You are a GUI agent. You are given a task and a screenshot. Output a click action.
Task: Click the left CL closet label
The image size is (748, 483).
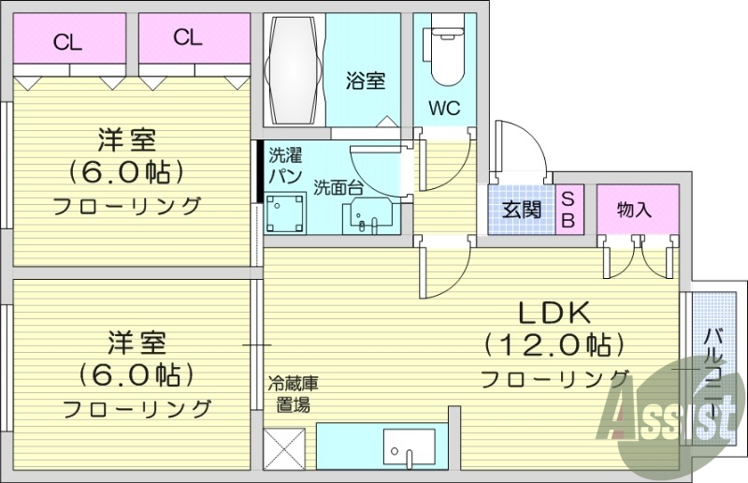(65, 40)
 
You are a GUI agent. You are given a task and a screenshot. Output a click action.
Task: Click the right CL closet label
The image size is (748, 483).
(187, 37)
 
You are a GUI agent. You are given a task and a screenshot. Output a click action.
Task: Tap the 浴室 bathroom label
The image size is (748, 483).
(366, 81)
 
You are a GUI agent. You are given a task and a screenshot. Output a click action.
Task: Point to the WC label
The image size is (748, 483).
(444, 108)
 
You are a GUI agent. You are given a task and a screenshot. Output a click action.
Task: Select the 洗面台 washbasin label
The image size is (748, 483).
(338, 186)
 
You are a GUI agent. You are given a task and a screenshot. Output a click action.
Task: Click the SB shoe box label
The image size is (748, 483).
(568, 210)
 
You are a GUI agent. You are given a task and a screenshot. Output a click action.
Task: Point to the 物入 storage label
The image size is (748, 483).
(633, 210)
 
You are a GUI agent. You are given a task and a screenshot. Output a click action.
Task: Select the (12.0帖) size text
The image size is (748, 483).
(553, 345)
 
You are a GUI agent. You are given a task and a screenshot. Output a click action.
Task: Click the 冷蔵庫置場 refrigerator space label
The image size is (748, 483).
(294, 394)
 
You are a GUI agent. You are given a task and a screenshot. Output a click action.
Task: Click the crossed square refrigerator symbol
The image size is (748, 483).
(284, 449)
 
